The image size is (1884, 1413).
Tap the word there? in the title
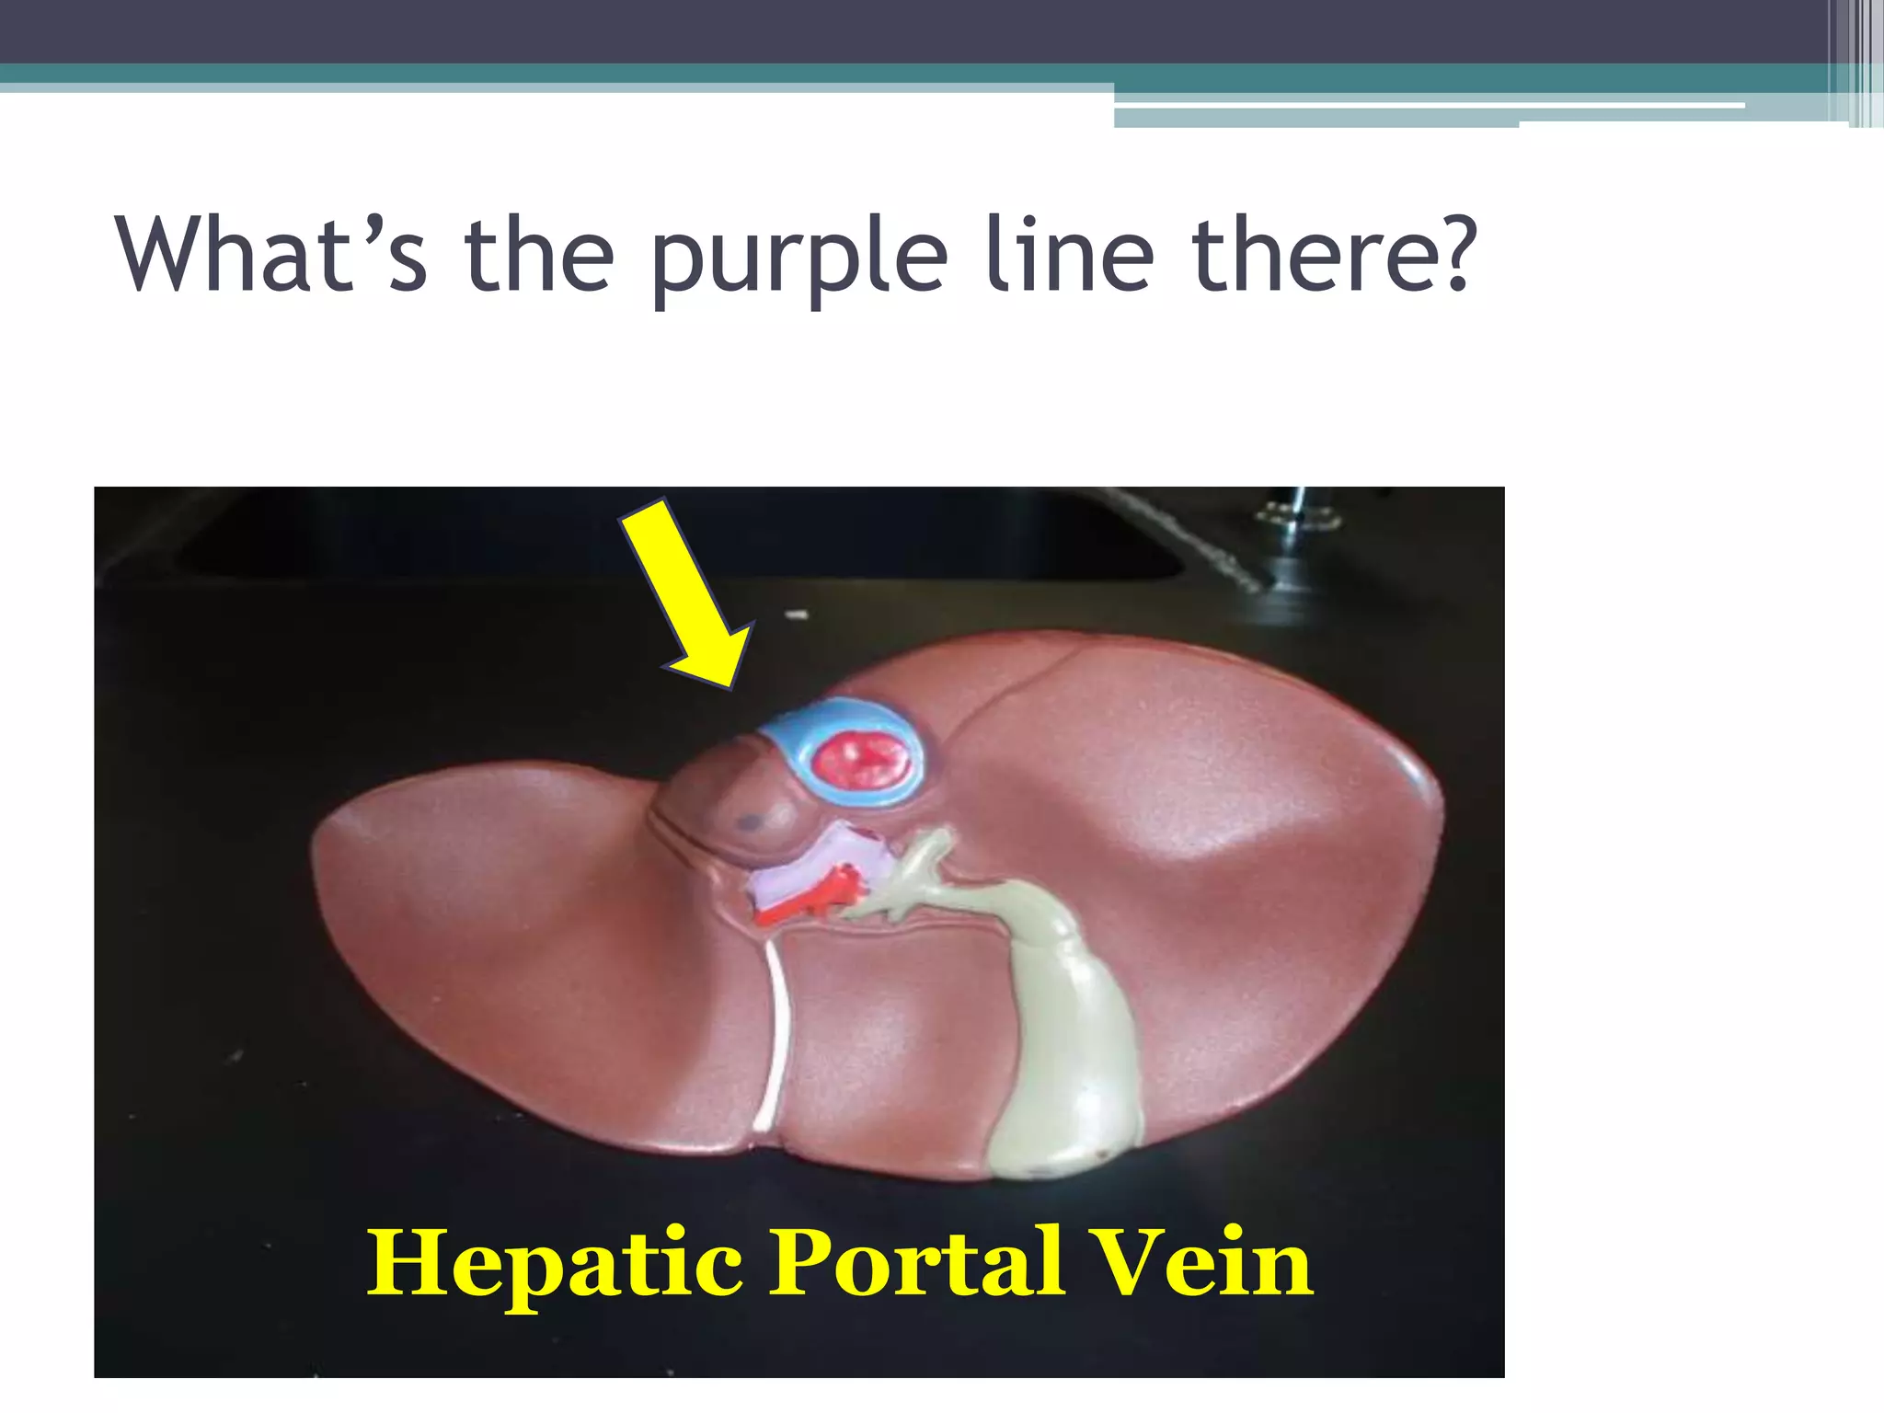1334,253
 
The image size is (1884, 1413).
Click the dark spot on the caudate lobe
750,821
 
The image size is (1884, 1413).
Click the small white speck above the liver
797,614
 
